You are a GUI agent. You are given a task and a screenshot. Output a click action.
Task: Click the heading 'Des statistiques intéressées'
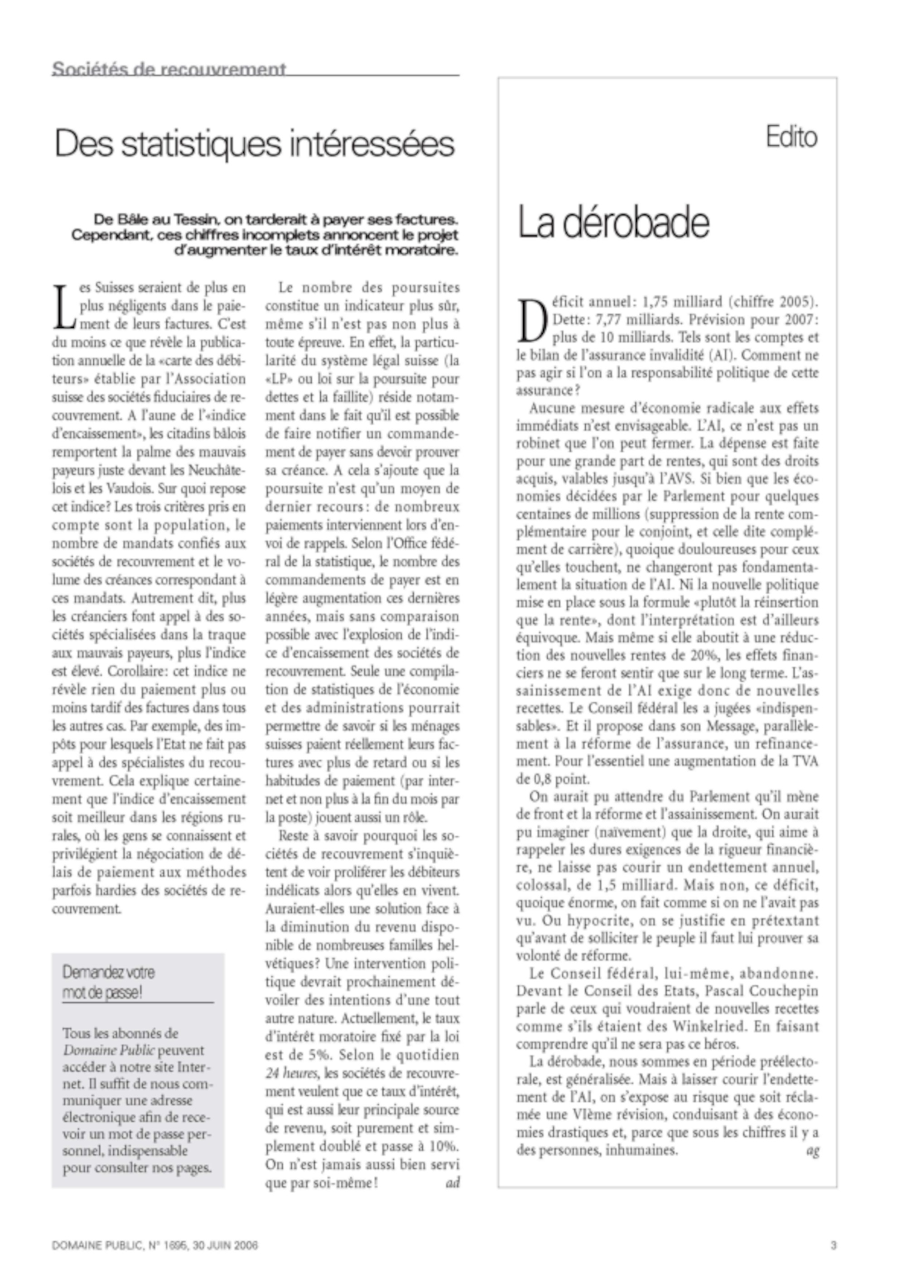[x=255, y=144]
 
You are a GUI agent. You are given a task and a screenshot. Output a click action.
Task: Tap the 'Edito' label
[x=791, y=137]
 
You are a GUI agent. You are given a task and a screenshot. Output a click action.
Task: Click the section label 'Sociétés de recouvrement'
[x=169, y=69]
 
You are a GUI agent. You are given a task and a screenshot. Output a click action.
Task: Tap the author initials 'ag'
[x=812, y=1151]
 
